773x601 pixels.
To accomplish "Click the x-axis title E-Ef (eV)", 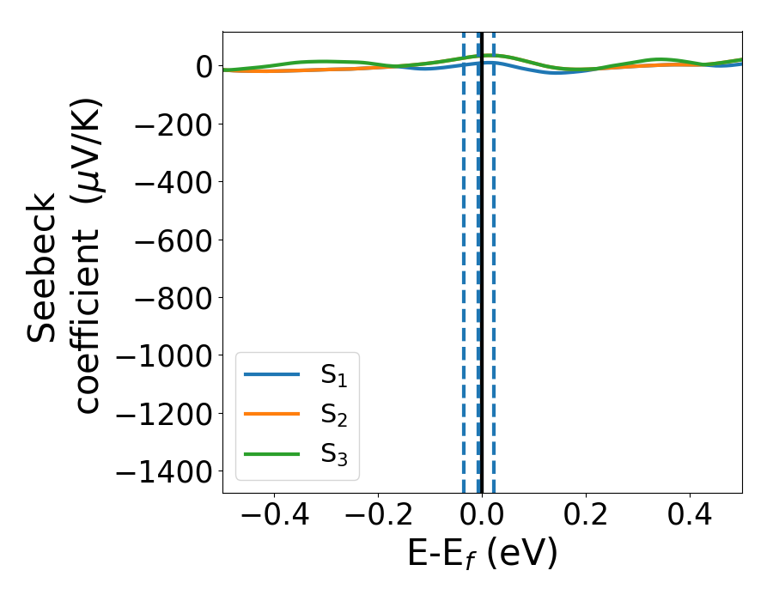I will point(482,554).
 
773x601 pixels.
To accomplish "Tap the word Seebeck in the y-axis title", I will point(42,268).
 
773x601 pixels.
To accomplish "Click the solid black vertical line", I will point(482,258).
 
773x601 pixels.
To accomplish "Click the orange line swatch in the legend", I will point(272,415).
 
